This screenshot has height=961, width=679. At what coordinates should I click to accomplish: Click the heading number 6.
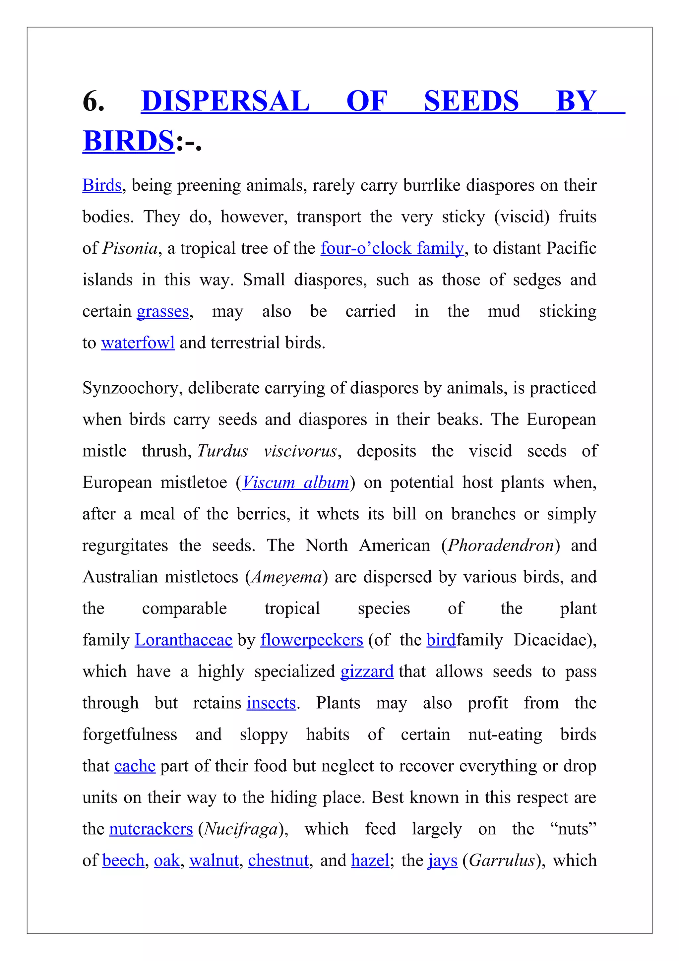pos(93,101)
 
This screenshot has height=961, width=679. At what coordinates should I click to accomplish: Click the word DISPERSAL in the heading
pos(225,101)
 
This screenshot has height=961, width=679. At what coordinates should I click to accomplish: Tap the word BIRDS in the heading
pos(128,141)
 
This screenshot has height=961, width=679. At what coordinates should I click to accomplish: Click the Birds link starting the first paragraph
pos(102,185)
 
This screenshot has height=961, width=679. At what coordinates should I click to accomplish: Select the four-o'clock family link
pos(392,249)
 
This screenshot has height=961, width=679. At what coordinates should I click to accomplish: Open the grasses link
pos(163,312)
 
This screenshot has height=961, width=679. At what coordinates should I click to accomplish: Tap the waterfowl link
pos(138,343)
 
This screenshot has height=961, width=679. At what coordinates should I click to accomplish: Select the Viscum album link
pos(295,482)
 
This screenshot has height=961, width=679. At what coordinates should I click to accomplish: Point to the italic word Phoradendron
pos(500,546)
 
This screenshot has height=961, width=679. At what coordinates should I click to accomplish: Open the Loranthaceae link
pos(183,640)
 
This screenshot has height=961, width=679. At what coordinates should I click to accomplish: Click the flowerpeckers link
pos(311,640)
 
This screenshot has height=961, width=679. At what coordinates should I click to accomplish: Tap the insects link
pos(271,703)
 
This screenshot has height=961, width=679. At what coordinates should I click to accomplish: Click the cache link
pos(135,766)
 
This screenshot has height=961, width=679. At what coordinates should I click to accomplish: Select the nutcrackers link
pos(151,829)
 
